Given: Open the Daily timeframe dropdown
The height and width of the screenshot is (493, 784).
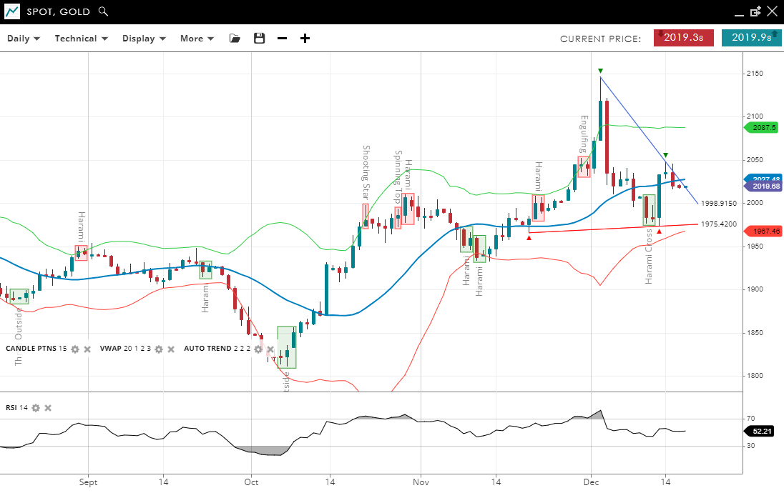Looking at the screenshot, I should (x=24, y=39).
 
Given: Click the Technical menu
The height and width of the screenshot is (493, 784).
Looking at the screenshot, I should (x=81, y=39).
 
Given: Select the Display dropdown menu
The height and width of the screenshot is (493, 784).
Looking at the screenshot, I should (x=144, y=39).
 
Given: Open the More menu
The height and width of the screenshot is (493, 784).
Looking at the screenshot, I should (x=197, y=39).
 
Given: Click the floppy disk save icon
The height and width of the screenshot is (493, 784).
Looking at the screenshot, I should (x=260, y=39).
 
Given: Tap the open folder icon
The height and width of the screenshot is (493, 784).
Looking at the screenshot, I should (x=235, y=39).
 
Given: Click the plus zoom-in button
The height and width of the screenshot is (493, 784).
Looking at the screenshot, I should (x=305, y=39).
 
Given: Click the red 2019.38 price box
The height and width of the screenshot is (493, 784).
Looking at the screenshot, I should (x=683, y=38).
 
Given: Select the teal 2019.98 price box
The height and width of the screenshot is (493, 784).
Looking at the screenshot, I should (x=751, y=38).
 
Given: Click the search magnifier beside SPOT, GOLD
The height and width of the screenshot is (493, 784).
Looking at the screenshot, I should (x=104, y=11).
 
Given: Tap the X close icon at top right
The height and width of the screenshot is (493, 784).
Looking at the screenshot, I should (x=772, y=11).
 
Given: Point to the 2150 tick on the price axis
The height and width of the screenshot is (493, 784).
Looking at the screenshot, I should (x=755, y=74).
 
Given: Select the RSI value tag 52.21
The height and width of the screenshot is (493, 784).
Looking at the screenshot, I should (x=763, y=431).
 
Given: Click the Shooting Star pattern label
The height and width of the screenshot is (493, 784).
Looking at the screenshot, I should (x=366, y=172).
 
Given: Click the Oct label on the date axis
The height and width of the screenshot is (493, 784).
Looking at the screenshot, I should (x=251, y=482).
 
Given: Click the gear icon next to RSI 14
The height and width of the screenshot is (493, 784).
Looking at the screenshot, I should (x=36, y=408).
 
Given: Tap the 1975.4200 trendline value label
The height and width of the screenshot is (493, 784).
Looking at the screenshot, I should (x=718, y=224).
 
